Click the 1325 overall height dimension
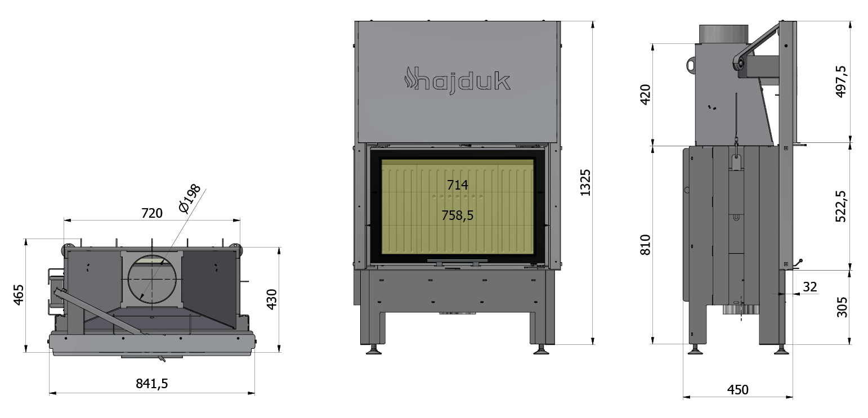[585, 182]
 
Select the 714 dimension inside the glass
[457, 185]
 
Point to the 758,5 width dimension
[457, 215]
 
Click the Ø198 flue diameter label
[190, 199]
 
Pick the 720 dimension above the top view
[152, 213]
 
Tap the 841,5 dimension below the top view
[152, 384]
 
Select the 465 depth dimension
[19, 295]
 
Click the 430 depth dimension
[272, 299]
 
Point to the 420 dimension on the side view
[645, 94]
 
